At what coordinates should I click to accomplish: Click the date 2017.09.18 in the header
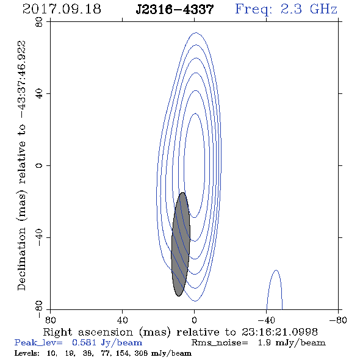pos(62,9)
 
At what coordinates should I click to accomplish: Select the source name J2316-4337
pos(175,10)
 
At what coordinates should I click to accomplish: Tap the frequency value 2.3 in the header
pos(291,9)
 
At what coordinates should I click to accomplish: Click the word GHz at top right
pos(324,9)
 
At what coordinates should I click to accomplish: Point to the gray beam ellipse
pos(181,244)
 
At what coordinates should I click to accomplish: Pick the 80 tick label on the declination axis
pos(39,22)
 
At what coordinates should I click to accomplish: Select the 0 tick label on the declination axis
pos(39,165)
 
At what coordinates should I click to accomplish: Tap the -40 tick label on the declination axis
pos(39,237)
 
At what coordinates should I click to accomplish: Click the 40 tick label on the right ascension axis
pos(122,320)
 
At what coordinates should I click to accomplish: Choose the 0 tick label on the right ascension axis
pos(195,320)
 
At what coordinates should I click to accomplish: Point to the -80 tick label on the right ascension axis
pos(337,320)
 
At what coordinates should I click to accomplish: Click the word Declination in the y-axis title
pos(21,259)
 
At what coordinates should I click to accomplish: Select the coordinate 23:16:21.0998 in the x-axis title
pos(279,332)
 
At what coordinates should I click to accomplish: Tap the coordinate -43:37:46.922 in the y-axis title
pos(22,79)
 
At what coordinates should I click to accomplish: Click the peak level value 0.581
pos(84,342)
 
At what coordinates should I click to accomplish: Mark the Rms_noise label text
pos(220,343)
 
